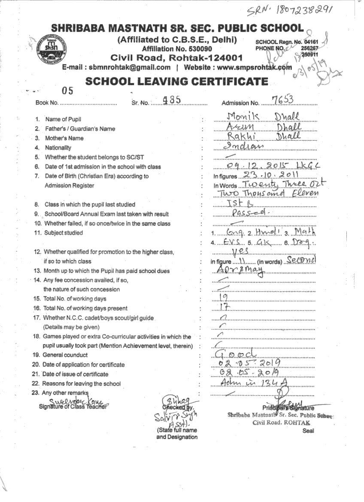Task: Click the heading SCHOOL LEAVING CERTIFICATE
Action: tap(177, 81)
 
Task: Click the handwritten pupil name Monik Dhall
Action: tap(263, 116)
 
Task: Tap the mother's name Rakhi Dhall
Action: tap(263, 136)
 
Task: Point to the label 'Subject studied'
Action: tap(64, 233)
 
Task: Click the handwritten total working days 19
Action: tap(223, 297)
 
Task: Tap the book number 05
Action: tap(68, 90)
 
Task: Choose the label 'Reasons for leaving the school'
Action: tap(82, 383)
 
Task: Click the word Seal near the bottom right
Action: tap(308, 431)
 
